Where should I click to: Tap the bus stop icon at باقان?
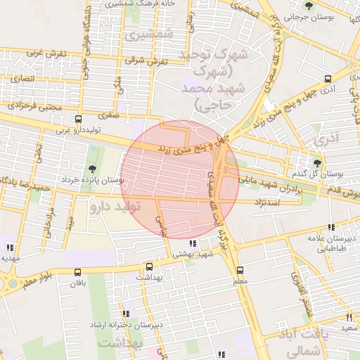[x=77, y=273]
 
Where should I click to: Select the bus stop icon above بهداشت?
[x=149, y=266]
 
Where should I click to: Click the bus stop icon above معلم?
[x=240, y=270]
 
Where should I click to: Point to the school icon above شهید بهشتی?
[x=193, y=243]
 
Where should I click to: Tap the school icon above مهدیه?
[x=9, y=247]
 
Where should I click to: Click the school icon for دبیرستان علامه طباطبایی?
[x=330, y=227]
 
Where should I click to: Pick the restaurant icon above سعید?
[x=349, y=318]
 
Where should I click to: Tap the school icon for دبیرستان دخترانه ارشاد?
[x=126, y=314]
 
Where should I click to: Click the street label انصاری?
[x=20, y=79]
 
